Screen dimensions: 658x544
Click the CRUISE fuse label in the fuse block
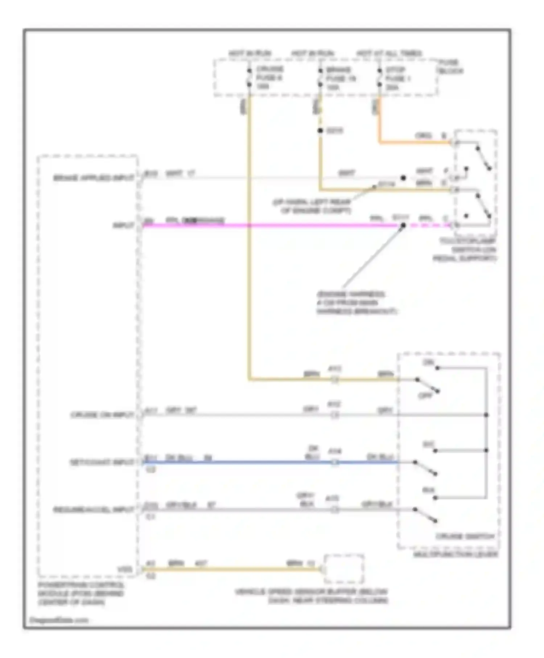pos(270,78)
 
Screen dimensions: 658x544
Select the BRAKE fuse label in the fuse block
pos(340,78)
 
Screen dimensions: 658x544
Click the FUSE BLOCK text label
pos(450,67)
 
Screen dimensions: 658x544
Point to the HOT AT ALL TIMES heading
pos(389,53)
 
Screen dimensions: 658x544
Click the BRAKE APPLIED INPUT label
pos(94,178)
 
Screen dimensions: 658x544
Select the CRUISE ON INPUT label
pos(102,415)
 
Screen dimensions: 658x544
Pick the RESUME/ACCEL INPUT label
pos(94,510)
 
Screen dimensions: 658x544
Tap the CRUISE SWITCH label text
pos(465,536)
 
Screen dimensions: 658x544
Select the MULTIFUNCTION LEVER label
pos(456,554)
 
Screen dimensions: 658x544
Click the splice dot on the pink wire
pos(403,225)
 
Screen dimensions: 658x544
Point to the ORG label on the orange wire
pos(423,136)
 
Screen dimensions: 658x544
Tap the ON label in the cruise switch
pos(428,362)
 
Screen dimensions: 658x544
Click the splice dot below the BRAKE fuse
pos(320,131)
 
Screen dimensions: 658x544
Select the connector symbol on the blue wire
pos(335,462)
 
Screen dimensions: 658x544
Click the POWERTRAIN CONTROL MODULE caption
pos(81,594)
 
